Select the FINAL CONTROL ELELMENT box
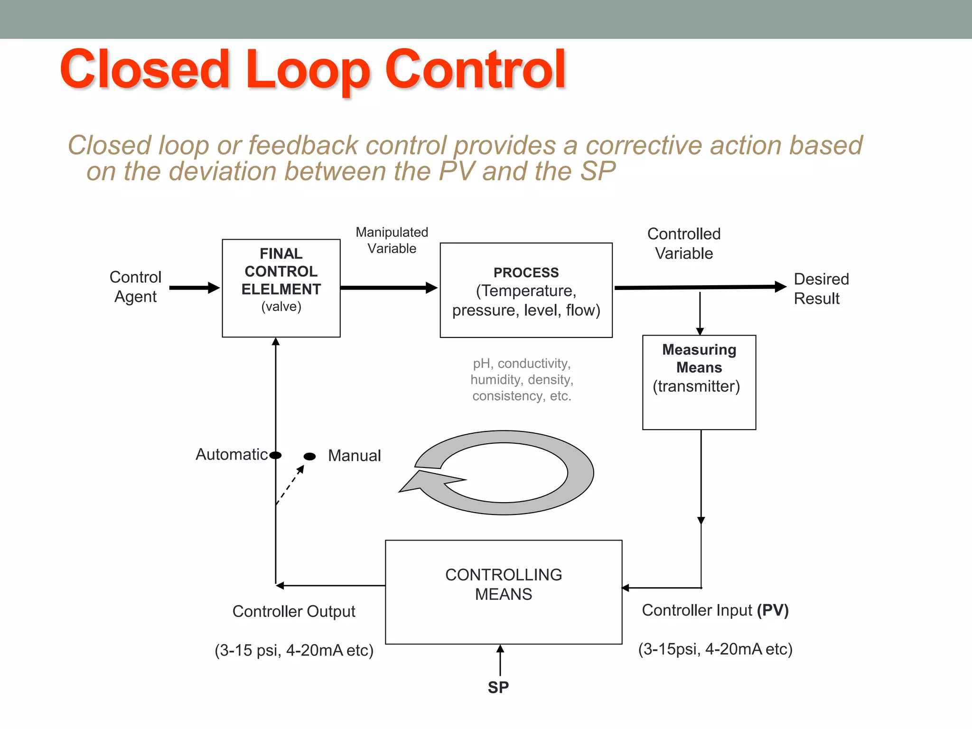(281, 288)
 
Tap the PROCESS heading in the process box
(526, 272)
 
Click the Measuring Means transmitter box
(699, 382)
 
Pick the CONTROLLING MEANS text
(503, 584)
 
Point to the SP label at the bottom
(498, 687)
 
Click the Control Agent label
(135, 287)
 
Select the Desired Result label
(821, 289)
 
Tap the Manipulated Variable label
(392, 240)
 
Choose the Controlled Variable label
(683, 243)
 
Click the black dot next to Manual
(309, 456)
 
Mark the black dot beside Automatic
(276, 455)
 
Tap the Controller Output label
(293, 611)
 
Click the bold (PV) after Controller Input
(772, 610)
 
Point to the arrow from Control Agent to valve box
(194, 288)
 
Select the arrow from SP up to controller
(500, 660)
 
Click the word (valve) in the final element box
(281, 307)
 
